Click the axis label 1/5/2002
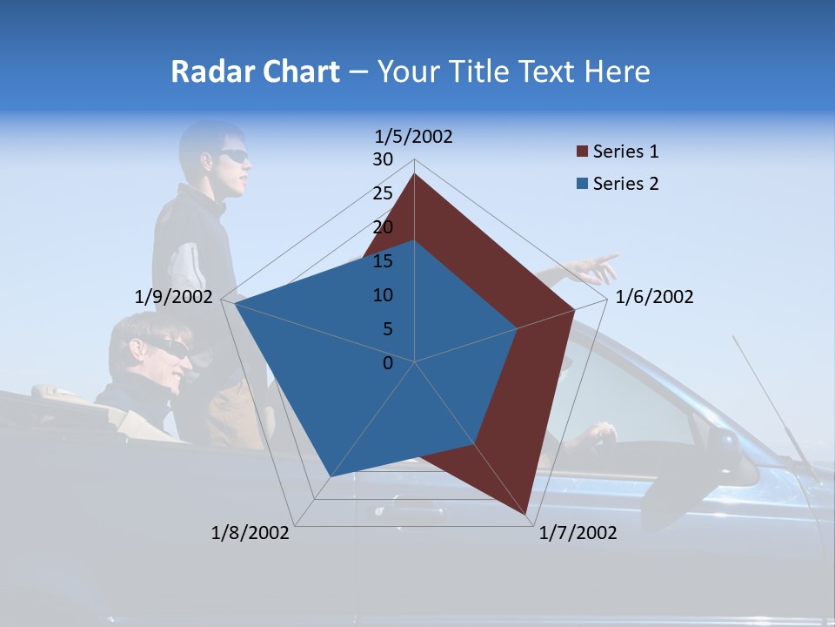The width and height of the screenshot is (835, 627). [x=414, y=137]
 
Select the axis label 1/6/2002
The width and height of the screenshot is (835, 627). [x=654, y=298]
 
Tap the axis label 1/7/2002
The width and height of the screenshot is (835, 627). [x=578, y=533]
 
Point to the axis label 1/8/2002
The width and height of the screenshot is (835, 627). [x=250, y=533]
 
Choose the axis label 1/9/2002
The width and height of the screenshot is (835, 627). [x=174, y=298]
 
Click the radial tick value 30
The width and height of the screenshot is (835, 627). [x=383, y=159]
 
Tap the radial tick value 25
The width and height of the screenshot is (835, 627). [x=383, y=193]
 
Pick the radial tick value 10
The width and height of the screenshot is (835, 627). [x=383, y=295]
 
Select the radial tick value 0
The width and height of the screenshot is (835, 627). [x=388, y=363]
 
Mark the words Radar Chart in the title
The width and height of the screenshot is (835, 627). [x=255, y=71]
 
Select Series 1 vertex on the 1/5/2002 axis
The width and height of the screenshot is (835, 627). [x=414, y=174]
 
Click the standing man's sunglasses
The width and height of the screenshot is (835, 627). [x=233, y=156]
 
